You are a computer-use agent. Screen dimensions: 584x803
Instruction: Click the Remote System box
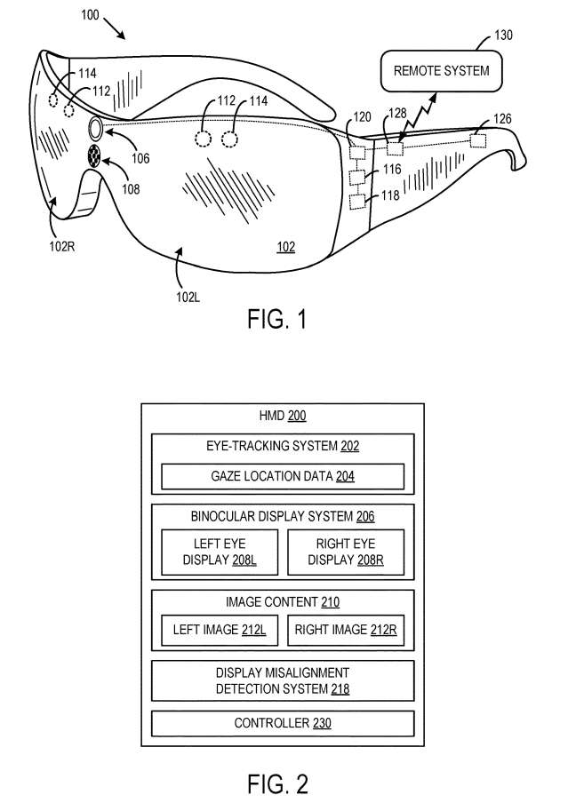coord(441,71)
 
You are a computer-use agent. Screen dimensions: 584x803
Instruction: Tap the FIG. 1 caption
coord(277,319)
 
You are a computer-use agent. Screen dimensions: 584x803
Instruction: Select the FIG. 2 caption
coord(277,784)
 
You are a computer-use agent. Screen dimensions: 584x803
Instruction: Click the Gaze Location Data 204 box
coord(283,477)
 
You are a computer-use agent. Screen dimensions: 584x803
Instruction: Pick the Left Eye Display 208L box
coord(220,553)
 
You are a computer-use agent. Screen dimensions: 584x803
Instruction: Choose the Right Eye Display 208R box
coord(346,553)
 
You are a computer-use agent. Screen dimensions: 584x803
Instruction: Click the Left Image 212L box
coord(220,630)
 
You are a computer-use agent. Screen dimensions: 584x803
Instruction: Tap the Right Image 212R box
coord(346,630)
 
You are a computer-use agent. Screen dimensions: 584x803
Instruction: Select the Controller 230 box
coord(283,723)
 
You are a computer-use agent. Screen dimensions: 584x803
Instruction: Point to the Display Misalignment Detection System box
coord(283,680)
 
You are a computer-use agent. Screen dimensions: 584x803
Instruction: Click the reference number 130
coord(503,35)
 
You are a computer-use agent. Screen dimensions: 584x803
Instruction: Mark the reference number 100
coord(90,15)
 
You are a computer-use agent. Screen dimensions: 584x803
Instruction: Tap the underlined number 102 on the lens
coord(286,247)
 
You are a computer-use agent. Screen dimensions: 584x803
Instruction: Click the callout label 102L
coord(188,297)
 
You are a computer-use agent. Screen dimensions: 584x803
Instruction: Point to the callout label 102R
coord(62,246)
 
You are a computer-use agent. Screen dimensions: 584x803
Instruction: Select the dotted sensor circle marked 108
coord(94,155)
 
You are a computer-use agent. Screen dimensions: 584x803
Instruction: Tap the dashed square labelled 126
coord(478,139)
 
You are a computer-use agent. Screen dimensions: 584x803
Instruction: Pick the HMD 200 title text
coord(283,416)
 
